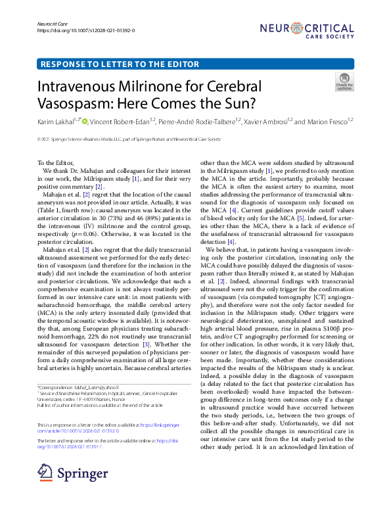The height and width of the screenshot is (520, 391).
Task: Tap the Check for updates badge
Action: point(344,82)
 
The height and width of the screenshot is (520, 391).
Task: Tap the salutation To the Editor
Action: point(56,163)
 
